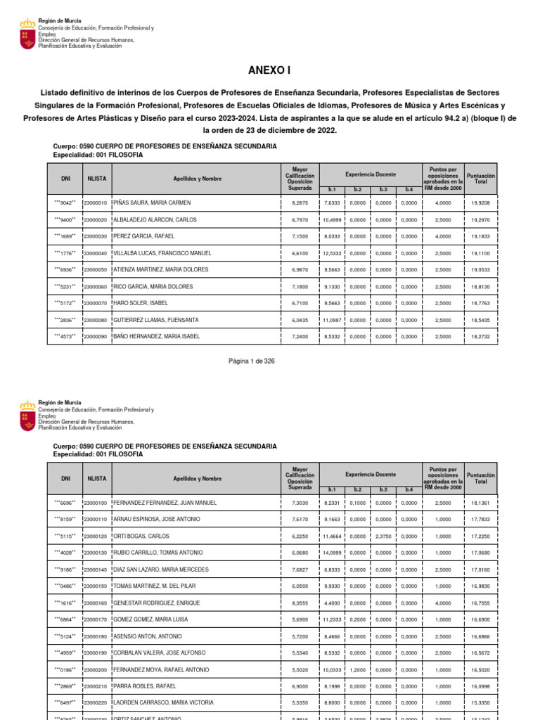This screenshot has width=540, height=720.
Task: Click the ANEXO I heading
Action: click(269, 70)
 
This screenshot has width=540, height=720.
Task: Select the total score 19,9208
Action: click(481, 202)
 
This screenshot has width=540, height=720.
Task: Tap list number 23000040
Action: click(95, 253)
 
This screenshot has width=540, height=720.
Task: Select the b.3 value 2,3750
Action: click(383, 536)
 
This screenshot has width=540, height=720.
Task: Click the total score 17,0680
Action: click(481, 553)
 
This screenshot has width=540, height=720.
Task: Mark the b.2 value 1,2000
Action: click(357, 669)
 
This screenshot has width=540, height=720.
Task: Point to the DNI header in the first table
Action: click(65, 179)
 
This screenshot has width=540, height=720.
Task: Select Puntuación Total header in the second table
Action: click(481, 479)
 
